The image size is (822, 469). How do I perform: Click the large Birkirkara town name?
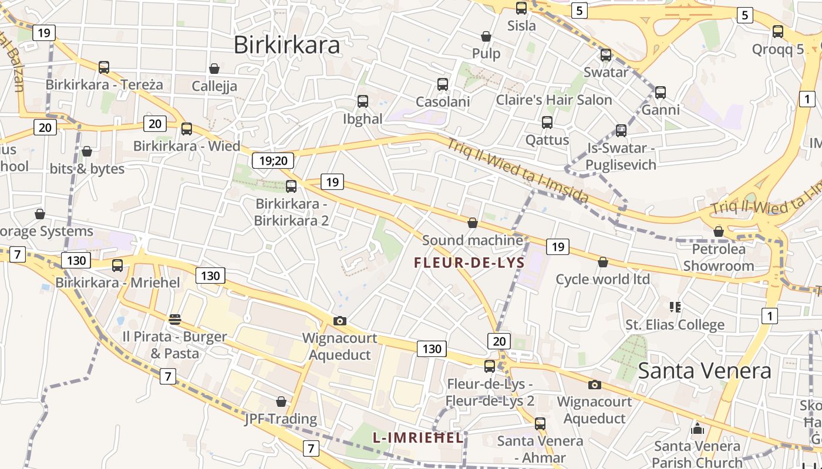point(287,45)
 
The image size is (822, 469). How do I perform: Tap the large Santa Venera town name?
point(704,371)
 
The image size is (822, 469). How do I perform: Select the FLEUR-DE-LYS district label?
point(469,263)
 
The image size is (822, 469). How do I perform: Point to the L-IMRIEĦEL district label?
point(418,437)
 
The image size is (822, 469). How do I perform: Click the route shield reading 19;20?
point(272,161)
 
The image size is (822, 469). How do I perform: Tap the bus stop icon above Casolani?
point(443,84)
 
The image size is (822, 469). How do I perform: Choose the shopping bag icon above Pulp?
point(486,36)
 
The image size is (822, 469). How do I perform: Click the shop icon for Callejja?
point(214,69)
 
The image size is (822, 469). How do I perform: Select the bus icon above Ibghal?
point(363,101)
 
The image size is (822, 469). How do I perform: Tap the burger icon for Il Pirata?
point(174,319)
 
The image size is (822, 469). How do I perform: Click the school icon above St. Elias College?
point(675,307)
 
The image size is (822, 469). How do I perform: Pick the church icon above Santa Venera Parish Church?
point(698,429)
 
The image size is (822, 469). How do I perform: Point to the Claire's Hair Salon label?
point(554,100)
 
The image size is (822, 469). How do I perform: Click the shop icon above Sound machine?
point(473,223)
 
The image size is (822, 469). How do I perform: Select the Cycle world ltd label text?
point(602,279)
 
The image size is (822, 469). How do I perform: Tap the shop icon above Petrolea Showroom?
point(719,232)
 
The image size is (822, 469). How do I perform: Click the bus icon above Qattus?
point(547,123)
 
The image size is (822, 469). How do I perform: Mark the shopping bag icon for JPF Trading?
point(281,402)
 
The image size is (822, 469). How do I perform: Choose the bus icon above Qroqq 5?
point(778,32)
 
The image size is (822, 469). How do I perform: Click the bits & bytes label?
point(87,169)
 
